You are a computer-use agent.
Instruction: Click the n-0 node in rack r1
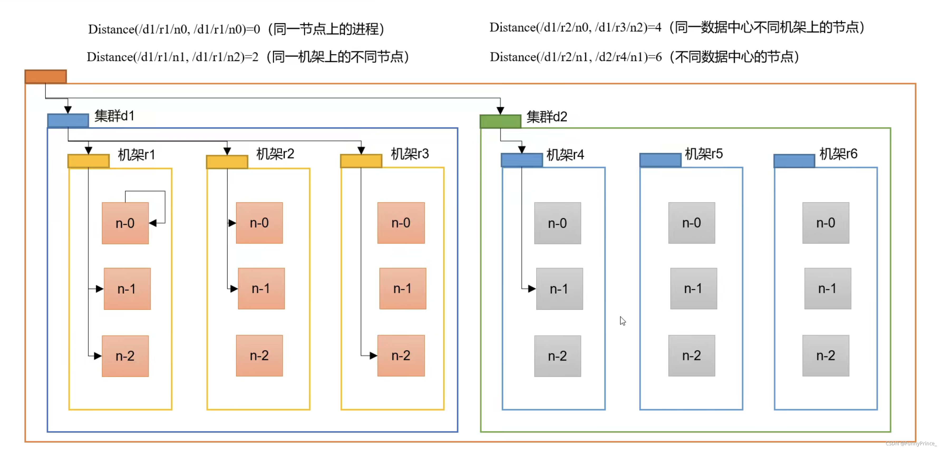(x=125, y=223)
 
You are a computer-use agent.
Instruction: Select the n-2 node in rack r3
(x=401, y=355)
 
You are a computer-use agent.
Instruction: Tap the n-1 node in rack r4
(x=559, y=289)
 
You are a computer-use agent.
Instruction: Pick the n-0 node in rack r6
(x=825, y=223)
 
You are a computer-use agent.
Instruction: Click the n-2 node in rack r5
(x=691, y=355)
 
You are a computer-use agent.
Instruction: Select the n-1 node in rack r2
(x=261, y=289)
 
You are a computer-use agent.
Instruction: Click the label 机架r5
(x=703, y=154)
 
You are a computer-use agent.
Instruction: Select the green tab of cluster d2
(x=500, y=121)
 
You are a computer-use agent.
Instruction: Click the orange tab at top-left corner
(x=46, y=77)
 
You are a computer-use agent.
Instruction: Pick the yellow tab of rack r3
(x=361, y=161)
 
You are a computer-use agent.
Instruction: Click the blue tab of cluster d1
(x=68, y=121)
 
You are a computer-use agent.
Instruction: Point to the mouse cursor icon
(x=623, y=321)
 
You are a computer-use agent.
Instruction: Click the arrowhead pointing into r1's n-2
(x=98, y=356)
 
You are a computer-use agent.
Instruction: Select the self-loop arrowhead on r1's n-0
(x=153, y=223)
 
